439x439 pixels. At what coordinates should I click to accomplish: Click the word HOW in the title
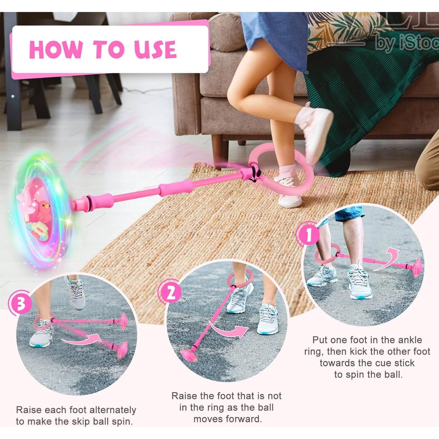pyautogui.click(x=56, y=49)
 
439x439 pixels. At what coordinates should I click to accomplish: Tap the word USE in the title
pyautogui.click(x=155, y=49)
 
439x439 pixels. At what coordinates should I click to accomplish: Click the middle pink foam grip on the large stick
pyautogui.click(x=176, y=188)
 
